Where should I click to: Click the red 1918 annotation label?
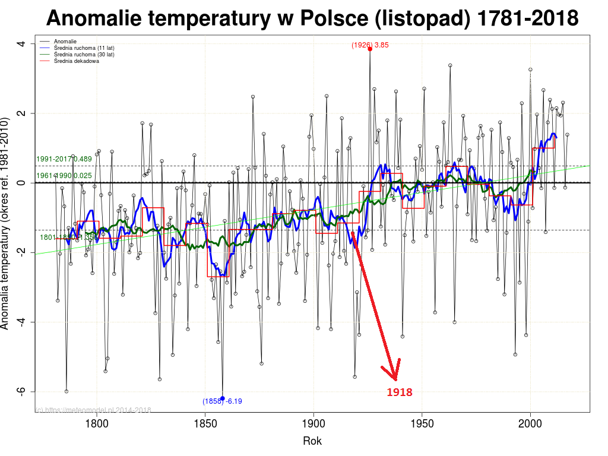pyautogui.click(x=399, y=392)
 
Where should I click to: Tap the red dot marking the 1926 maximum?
pyautogui.click(x=370, y=49)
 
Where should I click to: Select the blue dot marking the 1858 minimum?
pyautogui.click(x=223, y=398)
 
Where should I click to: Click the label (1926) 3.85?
pyautogui.click(x=370, y=45)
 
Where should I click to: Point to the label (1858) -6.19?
pyautogui.click(x=222, y=401)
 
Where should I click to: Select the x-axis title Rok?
pyautogui.click(x=312, y=441)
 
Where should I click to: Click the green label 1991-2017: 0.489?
pyautogui.click(x=64, y=159)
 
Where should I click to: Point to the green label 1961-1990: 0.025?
pyautogui.click(x=64, y=176)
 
